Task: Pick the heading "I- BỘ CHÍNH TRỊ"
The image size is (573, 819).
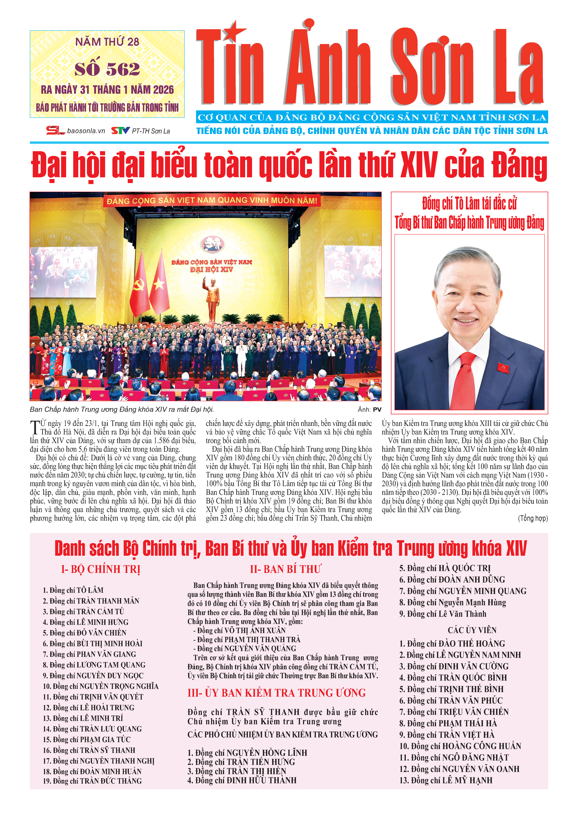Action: pyautogui.click(x=101, y=569)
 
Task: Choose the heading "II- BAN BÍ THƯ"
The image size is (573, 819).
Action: pyautogui.click(x=285, y=569)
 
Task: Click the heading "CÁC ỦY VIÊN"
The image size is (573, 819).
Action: pyautogui.click(x=472, y=630)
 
